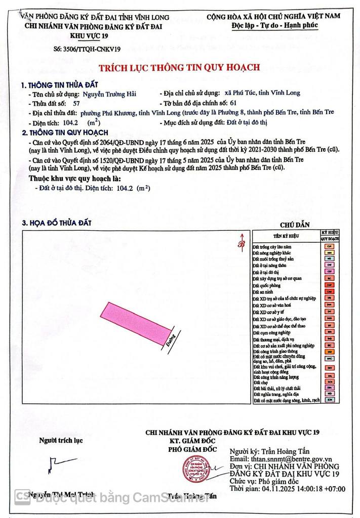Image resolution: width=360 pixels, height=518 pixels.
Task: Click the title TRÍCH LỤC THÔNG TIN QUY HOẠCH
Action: click(x=179, y=67)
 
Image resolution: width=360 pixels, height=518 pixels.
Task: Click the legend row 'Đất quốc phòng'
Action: click(x=265, y=285)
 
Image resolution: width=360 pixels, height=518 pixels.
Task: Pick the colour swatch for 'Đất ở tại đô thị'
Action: click(x=329, y=271)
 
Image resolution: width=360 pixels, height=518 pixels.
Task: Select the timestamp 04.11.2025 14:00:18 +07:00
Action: click(x=288, y=489)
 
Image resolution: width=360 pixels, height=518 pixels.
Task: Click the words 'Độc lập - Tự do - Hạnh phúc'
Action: click(x=280, y=24)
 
